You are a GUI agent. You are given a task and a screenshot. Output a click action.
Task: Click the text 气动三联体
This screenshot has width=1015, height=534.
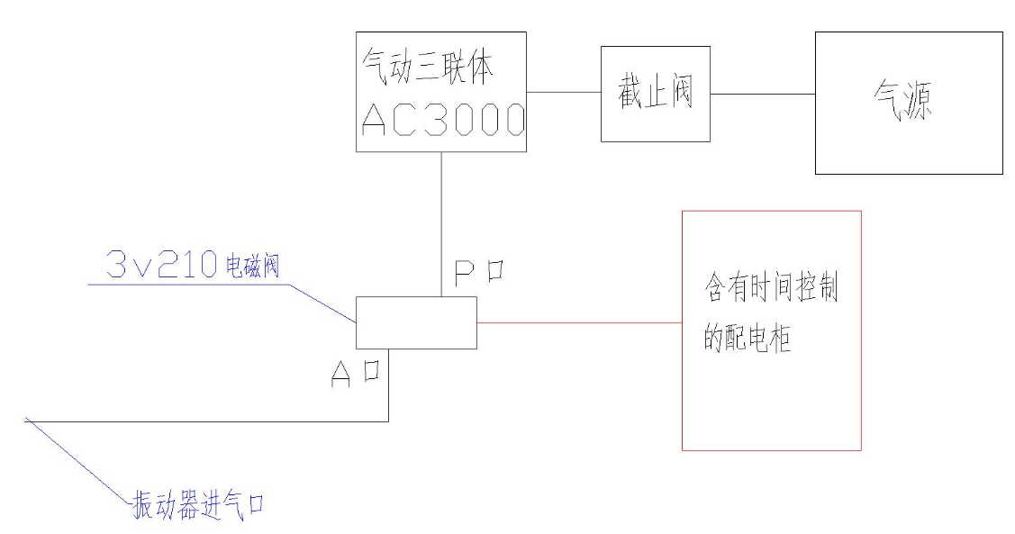(428, 67)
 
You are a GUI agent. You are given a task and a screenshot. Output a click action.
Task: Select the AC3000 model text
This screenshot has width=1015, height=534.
(443, 120)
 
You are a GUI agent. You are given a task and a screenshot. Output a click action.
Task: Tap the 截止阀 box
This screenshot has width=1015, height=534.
(656, 94)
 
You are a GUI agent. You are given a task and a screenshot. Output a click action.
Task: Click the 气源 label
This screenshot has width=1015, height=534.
(903, 102)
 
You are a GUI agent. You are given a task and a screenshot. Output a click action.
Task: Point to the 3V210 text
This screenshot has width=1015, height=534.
(161, 264)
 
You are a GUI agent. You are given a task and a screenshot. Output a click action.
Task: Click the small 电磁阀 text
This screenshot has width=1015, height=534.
(252, 266)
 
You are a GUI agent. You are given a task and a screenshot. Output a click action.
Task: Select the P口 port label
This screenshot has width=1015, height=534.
(479, 273)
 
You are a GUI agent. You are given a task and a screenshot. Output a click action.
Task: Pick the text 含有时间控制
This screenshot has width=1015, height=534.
(771, 287)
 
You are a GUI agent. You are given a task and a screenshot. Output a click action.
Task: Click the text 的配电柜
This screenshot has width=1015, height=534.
(748, 337)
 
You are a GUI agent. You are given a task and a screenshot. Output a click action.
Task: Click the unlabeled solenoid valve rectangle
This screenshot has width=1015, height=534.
(416, 323)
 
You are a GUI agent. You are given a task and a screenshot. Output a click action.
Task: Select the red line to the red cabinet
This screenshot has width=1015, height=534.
(579, 322)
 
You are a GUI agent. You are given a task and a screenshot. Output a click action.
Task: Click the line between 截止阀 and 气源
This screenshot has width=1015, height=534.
(763, 94)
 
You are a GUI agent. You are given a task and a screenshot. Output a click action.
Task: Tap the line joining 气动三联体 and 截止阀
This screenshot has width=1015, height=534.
(564, 92)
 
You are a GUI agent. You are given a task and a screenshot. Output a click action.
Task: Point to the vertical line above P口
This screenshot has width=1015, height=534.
(441, 224)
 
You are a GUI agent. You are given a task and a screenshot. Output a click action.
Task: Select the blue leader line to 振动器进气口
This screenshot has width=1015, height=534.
(77, 460)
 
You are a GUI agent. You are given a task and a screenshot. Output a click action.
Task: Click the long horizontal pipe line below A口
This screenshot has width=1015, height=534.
(207, 421)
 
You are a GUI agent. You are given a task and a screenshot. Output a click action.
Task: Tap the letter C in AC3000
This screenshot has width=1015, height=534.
(404, 120)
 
